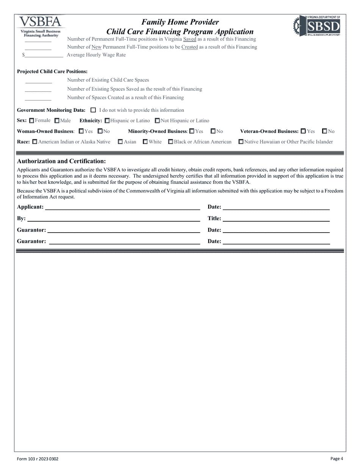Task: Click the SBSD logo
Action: pos(317,26)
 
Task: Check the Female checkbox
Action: pos(31,121)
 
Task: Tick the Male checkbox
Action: pos(57,121)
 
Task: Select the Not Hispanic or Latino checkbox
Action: pos(157,121)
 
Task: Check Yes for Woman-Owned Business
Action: pos(81,131)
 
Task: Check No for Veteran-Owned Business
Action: pos(325,131)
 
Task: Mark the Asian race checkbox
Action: pos(120,142)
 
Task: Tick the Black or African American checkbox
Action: pos(171,142)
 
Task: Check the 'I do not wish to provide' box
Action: pos(93,110)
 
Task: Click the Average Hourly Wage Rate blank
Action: pos(44,55)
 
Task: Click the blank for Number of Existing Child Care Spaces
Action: pos(38,81)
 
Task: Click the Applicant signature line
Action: pos(122,207)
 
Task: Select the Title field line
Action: pos(276,219)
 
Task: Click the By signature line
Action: pos(113,219)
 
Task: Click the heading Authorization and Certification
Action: pos(61,161)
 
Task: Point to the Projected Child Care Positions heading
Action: pos(52,72)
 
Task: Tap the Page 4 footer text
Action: pos(337,458)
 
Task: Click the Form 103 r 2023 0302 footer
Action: pos(38,459)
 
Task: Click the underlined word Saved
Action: pos(189,39)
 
